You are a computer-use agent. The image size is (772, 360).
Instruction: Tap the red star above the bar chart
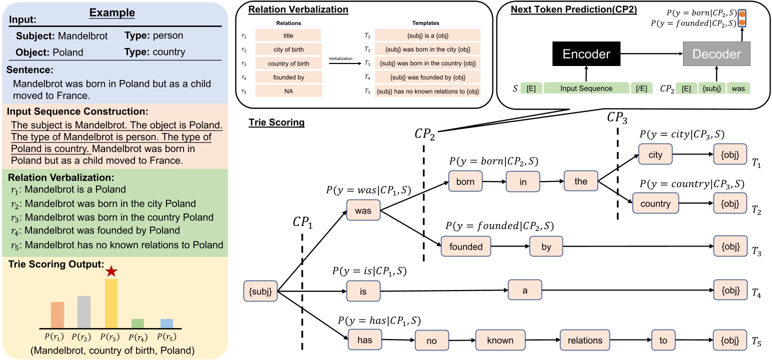[x=111, y=272]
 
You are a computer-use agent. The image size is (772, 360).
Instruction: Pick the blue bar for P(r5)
[x=167, y=323]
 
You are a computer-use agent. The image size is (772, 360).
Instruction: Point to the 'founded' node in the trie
[x=466, y=246]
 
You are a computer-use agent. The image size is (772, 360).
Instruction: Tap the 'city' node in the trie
[x=655, y=155]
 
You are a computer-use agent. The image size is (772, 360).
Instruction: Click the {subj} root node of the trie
[x=260, y=291]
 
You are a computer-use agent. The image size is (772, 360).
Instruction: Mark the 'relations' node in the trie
[x=585, y=340]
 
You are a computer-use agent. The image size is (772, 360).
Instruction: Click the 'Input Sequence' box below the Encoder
[x=586, y=88]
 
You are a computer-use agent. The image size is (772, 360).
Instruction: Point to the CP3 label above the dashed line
[x=617, y=117]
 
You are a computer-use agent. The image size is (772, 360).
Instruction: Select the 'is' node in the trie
[x=363, y=291]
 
